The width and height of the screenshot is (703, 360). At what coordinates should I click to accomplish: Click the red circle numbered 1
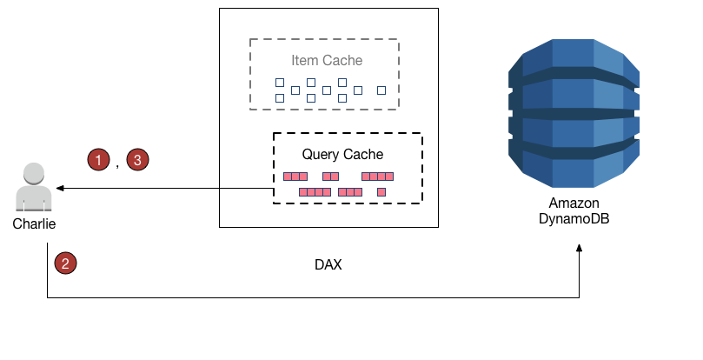coord(99,159)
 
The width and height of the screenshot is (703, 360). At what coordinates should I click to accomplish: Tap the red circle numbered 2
coord(64,263)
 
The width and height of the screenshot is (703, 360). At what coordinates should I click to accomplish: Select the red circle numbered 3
coord(138,159)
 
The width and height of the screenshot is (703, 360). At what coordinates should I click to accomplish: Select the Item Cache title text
coord(327,61)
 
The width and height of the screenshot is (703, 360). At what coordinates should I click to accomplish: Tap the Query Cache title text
coord(342,155)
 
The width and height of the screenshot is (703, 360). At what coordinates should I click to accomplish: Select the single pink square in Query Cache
coord(381,191)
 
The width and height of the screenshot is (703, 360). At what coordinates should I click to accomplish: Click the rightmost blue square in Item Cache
coord(381,90)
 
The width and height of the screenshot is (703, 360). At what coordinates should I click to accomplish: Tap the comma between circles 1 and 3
coord(117,163)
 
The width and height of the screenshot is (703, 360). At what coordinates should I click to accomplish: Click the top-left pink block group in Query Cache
coord(295,177)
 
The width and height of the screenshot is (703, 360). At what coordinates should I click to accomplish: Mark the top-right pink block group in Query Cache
coord(377,177)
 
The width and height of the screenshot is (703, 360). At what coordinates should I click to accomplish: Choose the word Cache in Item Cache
coord(345,61)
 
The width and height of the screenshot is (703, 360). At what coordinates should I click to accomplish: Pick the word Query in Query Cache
coord(321,155)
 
